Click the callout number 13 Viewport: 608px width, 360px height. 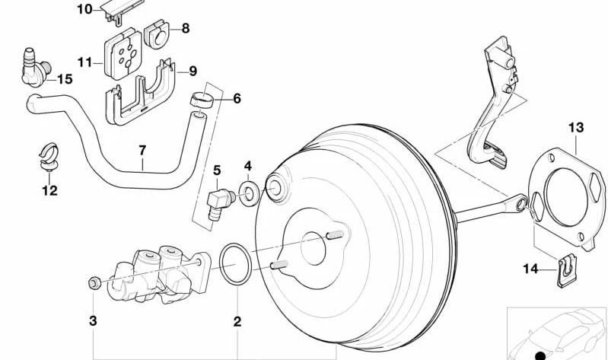pos(575,127)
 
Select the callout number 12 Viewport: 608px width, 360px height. pos(49,191)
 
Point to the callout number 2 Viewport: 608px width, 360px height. pos(237,322)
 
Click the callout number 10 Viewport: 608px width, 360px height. pos(84,9)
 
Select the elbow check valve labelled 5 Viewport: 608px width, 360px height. pos(219,202)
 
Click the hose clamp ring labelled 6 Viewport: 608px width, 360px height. pos(200,99)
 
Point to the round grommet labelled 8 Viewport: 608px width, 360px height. pos(156,32)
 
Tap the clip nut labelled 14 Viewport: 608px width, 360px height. pos(564,269)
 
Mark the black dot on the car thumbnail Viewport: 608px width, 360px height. pos(540,355)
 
